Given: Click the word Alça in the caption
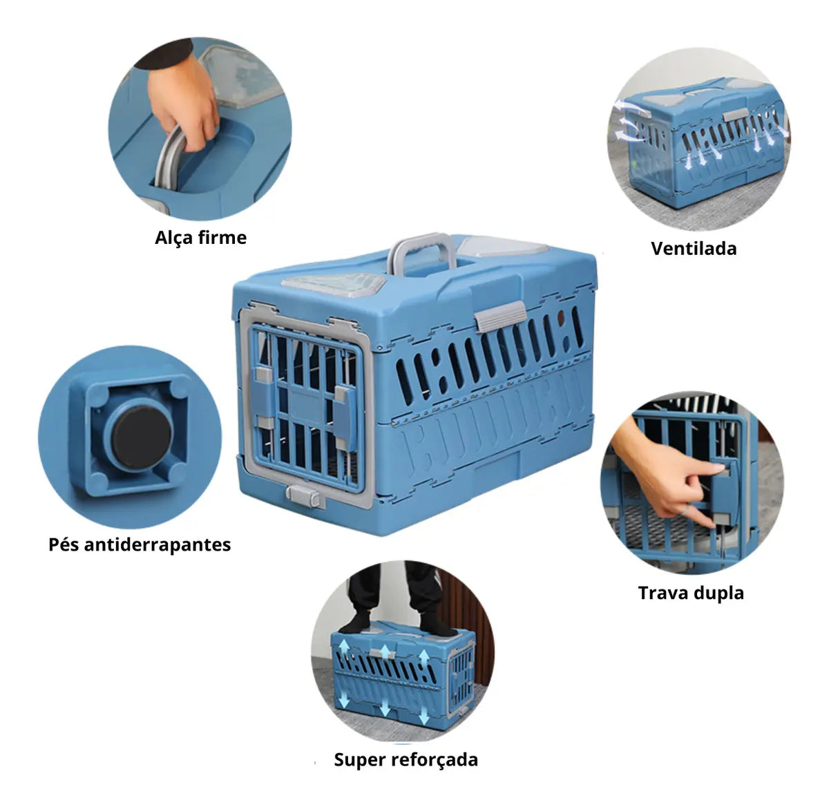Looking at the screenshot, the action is tap(174, 238).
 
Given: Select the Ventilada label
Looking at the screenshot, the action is tap(694, 249).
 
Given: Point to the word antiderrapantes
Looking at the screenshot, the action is tap(158, 545).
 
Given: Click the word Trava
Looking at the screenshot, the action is tap(663, 593).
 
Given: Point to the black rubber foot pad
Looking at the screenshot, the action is tap(142, 435).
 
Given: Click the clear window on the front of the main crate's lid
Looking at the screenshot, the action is tap(334, 282).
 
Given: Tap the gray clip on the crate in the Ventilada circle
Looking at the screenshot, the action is tap(735, 114).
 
